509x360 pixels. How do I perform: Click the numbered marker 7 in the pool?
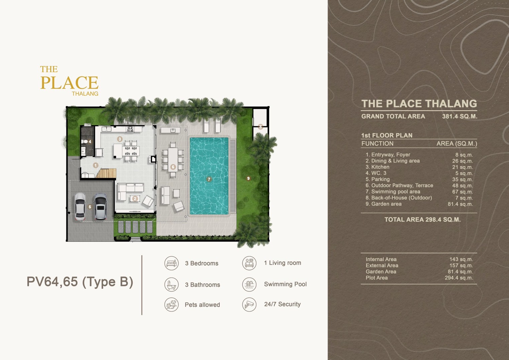209,179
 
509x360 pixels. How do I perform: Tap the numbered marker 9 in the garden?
248,178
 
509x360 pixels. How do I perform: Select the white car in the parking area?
80,207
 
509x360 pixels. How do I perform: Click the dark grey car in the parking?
100,206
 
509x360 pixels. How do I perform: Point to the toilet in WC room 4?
85,142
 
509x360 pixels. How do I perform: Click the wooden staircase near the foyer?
106,173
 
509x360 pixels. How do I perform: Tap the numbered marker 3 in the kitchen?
120,139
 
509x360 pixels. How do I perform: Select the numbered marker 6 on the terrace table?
173,167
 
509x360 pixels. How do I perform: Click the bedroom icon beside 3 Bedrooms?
171,263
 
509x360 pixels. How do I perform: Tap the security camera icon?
249,304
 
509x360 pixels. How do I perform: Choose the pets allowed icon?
171,304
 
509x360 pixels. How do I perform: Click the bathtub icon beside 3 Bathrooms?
171,284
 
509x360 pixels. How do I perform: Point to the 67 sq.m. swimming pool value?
463,192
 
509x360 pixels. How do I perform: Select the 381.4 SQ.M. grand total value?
460,116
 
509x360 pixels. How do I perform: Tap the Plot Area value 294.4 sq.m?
459,278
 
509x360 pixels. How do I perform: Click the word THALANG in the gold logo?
85,94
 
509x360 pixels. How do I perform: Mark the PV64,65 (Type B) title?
80,282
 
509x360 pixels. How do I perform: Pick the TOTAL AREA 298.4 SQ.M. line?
422,219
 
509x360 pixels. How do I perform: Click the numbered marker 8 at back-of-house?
261,126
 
